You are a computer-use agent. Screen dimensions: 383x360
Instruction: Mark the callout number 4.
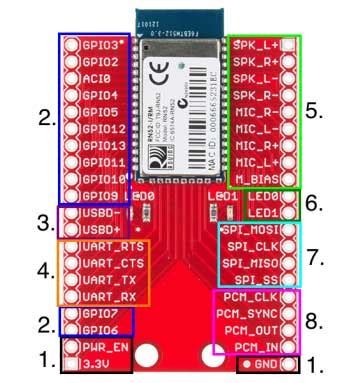tap(46, 270)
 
